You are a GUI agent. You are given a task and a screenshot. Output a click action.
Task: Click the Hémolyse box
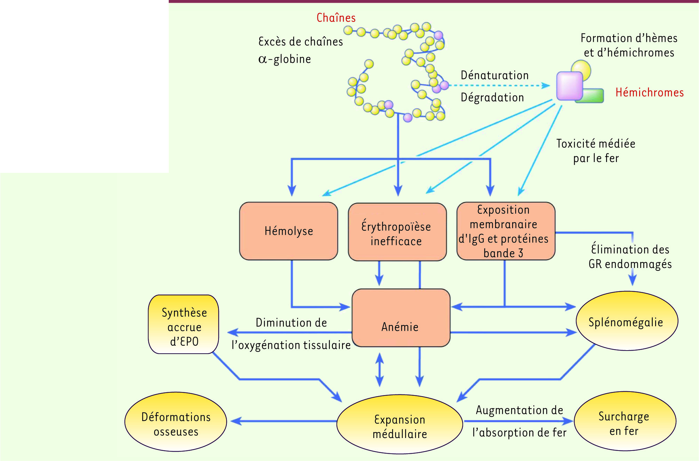coord(288,231)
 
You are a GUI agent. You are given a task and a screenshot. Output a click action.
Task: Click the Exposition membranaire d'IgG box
coord(506,231)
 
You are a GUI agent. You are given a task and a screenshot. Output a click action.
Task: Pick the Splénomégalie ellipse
coord(627,321)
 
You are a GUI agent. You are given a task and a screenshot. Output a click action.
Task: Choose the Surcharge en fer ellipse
coord(625,421)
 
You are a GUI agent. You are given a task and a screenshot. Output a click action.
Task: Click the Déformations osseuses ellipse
coord(176,422)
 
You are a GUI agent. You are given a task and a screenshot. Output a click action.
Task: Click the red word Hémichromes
coord(649,92)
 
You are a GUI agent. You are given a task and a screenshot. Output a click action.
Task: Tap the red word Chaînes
coord(336,18)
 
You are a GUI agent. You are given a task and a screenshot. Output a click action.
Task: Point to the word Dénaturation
coord(494,75)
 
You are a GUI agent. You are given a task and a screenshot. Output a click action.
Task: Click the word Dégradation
coord(492,97)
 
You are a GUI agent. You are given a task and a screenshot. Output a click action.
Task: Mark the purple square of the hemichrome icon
coord(569,86)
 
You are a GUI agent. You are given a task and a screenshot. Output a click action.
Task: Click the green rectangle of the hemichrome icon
coord(594,96)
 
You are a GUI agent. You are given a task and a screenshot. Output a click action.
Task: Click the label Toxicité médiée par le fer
coord(596,151)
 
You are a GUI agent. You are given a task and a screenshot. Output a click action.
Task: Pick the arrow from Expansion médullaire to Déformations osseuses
coord(284,421)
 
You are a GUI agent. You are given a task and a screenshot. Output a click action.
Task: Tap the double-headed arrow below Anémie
coord(380,370)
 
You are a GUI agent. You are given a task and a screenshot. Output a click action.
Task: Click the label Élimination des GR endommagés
coord(630,256)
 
